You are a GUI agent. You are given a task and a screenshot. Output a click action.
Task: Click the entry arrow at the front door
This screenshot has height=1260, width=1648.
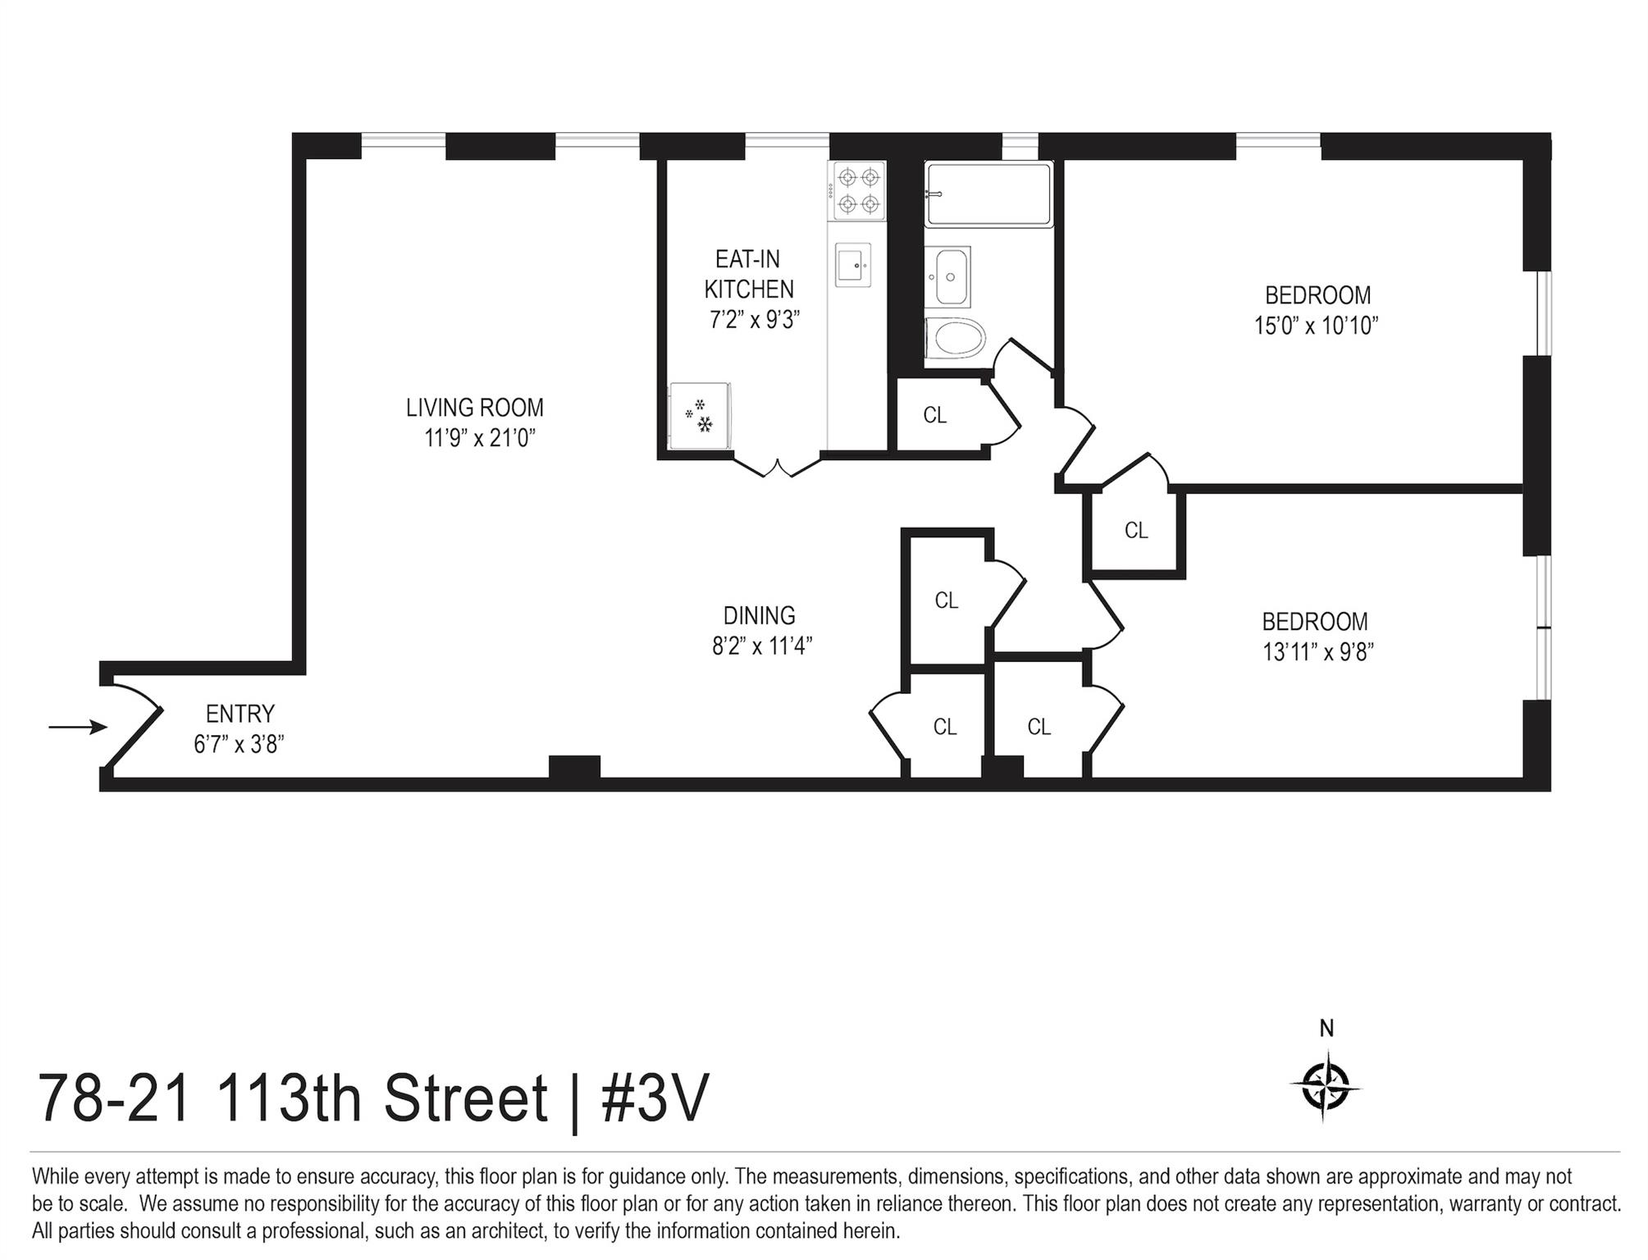click(78, 727)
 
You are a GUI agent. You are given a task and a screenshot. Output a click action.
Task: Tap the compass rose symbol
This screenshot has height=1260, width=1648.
click(1325, 1088)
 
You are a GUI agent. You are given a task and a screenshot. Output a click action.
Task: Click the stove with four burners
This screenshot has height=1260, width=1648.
click(859, 190)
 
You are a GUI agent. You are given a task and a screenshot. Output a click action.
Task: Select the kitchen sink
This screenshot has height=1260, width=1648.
click(852, 264)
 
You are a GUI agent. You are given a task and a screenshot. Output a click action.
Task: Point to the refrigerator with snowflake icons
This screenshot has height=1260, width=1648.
click(699, 416)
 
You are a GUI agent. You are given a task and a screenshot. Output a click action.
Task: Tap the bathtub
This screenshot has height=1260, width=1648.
click(988, 194)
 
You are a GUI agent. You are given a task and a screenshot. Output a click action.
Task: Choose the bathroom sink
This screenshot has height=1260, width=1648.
click(950, 276)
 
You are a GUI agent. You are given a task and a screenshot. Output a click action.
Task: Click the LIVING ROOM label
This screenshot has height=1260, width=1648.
click(474, 407)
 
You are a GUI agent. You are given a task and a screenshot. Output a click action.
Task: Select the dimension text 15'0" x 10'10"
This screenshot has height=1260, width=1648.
click(1316, 326)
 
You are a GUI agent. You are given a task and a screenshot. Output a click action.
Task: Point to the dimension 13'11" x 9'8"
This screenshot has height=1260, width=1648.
click(1317, 652)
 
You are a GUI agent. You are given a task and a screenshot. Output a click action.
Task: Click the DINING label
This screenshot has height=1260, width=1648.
click(759, 615)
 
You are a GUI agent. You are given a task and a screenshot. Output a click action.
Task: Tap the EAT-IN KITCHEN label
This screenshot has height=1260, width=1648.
click(748, 274)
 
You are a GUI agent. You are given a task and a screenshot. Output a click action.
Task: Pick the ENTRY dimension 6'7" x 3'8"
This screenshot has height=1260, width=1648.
click(239, 744)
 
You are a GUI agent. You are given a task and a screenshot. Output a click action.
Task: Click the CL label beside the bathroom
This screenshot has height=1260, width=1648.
click(934, 415)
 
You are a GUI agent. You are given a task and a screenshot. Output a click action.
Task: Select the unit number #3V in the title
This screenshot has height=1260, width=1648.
click(654, 1098)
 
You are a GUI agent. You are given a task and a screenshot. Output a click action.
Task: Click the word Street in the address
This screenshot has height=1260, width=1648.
click(465, 1098)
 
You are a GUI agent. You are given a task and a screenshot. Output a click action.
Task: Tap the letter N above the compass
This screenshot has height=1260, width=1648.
click(1326, 1028)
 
